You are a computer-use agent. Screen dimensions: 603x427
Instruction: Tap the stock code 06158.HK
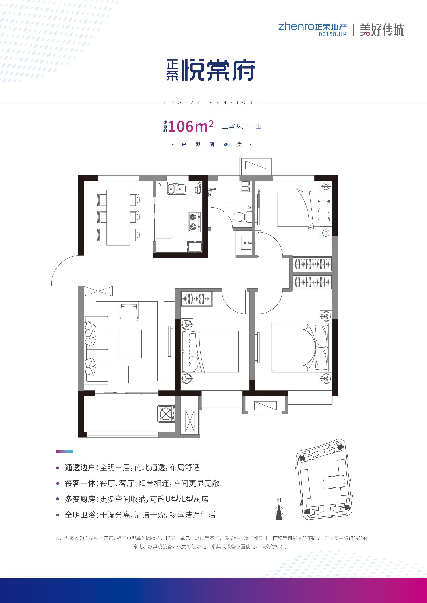tap(333, 34)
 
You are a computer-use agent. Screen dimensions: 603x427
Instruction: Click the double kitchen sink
tap(177, 189)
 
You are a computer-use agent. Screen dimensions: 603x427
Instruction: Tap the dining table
tap(118, 218)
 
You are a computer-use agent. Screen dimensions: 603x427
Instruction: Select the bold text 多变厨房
tap(80, 499)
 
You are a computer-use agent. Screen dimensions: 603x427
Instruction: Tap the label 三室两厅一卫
tap(242, 126)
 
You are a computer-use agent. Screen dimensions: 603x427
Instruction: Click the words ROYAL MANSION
tap(212, 103)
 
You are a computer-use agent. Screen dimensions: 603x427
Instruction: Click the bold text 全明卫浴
tap(80, 515)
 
